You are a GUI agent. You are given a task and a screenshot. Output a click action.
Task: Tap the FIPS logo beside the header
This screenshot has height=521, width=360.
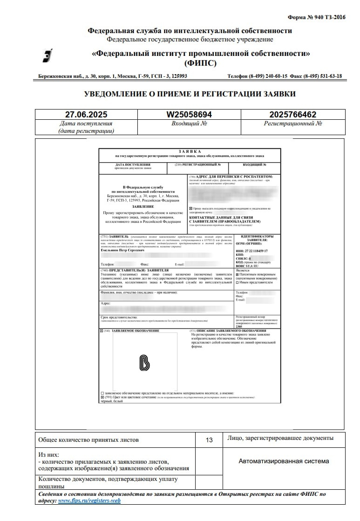(x=47, y=56)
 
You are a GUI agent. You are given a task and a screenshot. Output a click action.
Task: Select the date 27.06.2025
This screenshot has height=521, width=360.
(x=86, y=115)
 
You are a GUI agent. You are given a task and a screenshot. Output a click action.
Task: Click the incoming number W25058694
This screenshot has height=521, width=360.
(x=190, y=115)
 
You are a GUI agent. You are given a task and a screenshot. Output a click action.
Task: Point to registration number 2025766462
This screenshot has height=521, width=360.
(x=293, y=115)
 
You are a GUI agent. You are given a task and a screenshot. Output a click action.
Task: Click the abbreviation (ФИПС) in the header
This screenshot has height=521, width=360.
(x=200, y=63)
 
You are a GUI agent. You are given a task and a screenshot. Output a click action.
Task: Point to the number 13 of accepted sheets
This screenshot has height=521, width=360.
(x=209, y=440)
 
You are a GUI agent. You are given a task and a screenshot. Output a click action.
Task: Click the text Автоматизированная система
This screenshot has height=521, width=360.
(x=284, y=461)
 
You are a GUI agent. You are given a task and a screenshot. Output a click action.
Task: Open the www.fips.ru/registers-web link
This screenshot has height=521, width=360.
(x=89, y=500)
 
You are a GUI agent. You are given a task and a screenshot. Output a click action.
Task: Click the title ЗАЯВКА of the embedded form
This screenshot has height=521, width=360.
(x=189, y=151)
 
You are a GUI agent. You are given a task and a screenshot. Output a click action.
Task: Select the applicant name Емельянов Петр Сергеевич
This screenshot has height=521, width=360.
(x=122, y=250)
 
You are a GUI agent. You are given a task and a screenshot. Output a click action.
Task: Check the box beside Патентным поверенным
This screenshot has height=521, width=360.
(x=238, y=275)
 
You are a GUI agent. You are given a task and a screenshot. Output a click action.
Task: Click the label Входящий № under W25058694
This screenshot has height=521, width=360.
(x=190, y=124)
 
